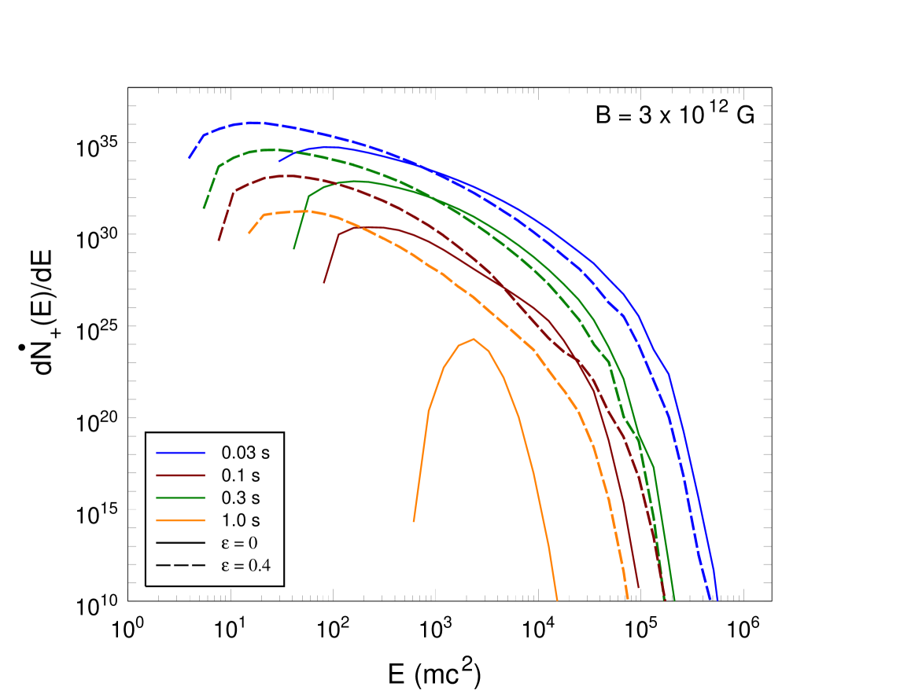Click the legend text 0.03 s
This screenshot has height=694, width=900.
click(245, 453)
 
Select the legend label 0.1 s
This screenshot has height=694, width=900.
click(240, 476)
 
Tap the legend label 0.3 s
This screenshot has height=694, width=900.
click(240, 498)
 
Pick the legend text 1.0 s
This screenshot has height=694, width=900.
click(240, 520)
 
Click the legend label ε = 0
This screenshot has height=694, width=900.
click(239, 542)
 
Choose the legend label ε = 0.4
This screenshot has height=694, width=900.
click(245, 565)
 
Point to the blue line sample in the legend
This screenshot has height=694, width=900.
click(180, 453)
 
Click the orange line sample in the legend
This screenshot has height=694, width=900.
click(180, 520)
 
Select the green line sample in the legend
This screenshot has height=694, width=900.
click(180, 498)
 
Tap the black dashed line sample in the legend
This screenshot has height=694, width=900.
click(180, 565)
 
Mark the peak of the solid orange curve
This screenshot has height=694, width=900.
click(474, 339)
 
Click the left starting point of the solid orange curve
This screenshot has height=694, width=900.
click(414, 521)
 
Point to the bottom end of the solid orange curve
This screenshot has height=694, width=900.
click(557, 600)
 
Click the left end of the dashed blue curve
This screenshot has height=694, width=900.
click(189, 158)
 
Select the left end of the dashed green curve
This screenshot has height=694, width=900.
click(204, 208)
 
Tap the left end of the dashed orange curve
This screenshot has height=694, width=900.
click(249, 233)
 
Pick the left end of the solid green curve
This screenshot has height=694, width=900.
click(294, 248)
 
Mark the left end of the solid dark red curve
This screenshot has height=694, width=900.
click(324, 283)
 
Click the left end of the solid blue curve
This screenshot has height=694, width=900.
click(279, 161)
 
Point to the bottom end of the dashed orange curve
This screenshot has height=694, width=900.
click(628, 598)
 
